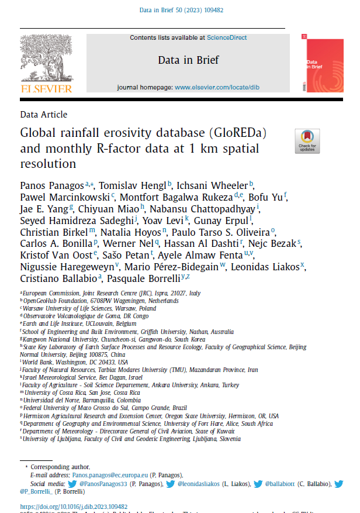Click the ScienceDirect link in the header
tap(227, 37)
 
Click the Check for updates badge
tap(307, 141)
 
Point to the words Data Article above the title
tap(43, 115)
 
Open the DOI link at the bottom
tap(74, 507)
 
